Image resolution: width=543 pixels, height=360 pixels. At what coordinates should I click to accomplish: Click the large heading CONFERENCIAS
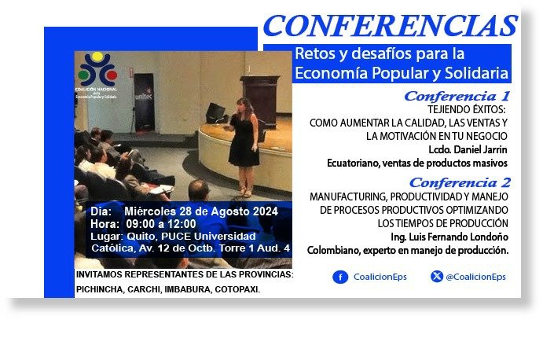pos(390,26)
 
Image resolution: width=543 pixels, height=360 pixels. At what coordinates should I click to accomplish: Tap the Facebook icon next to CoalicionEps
pos(340,277)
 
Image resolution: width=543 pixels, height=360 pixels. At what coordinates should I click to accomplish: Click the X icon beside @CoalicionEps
pos(437,277)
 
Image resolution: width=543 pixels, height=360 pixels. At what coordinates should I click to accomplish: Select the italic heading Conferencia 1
pos(457,96)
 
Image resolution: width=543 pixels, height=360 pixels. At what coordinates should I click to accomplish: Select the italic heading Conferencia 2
pos(457,182)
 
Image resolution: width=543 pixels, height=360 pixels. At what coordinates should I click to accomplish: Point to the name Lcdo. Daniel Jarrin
pos(468,149)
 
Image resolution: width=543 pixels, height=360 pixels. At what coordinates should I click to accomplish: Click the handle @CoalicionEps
pos(475,277)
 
